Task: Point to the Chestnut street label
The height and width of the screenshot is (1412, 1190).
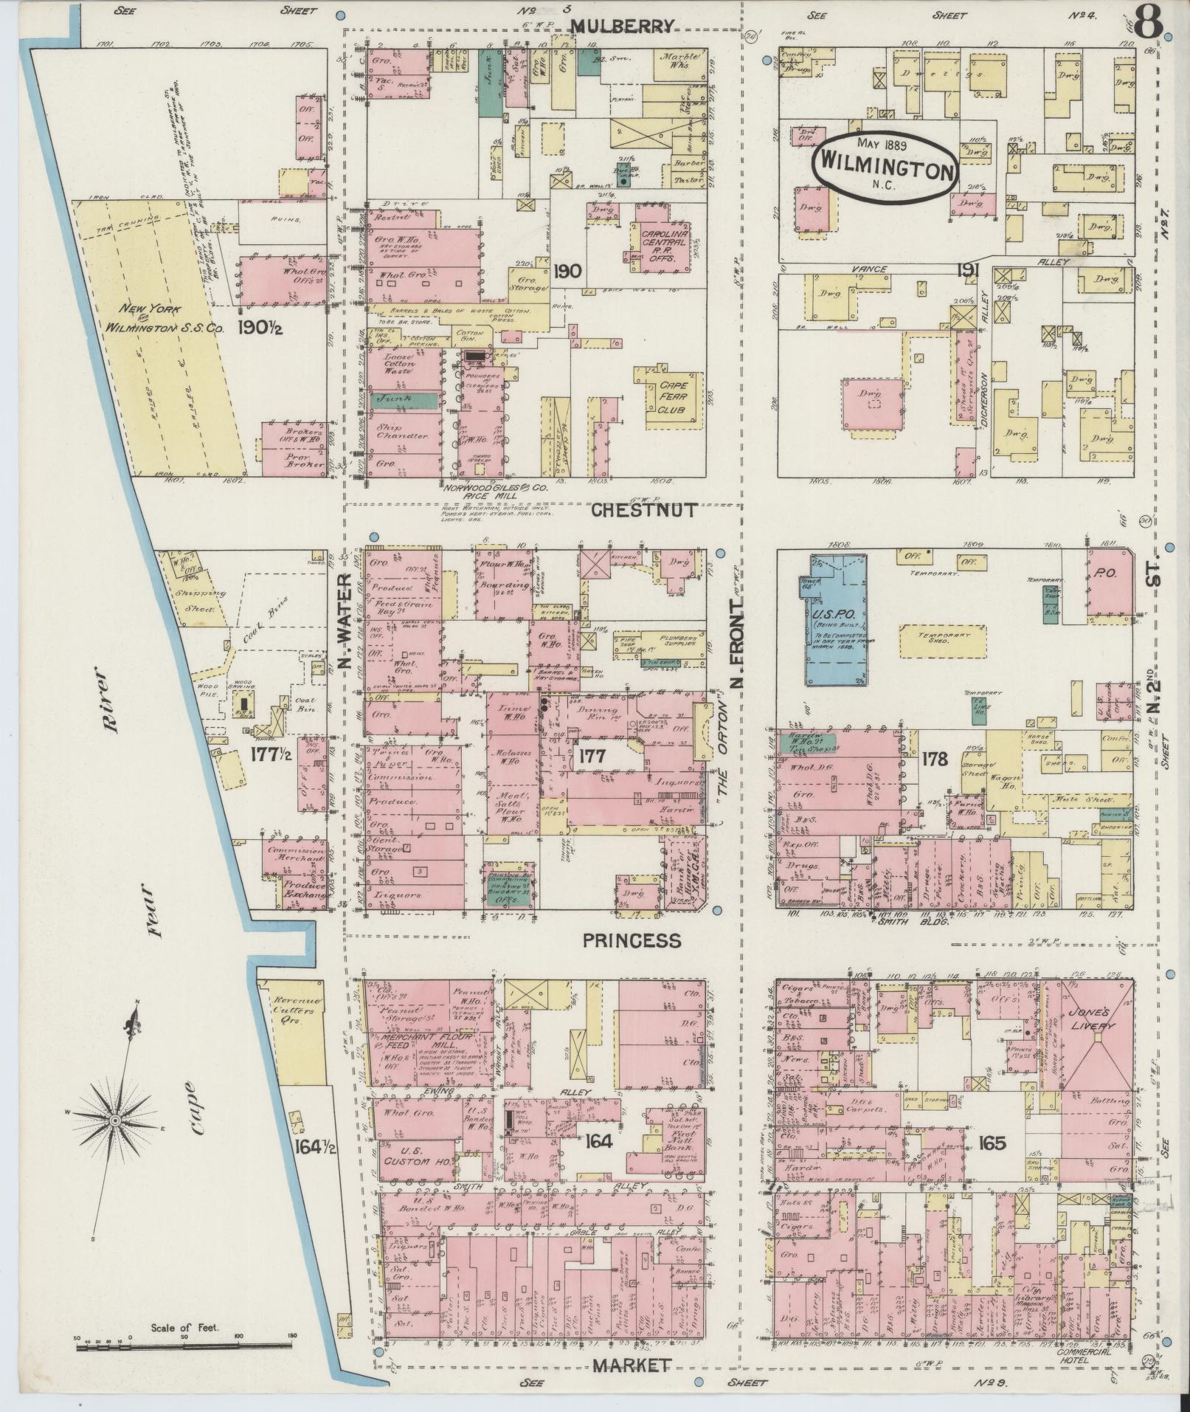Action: coord(644,509)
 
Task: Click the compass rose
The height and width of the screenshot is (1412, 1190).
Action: coord(116,1120)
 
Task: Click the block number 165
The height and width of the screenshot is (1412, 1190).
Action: coord(992,1143)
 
